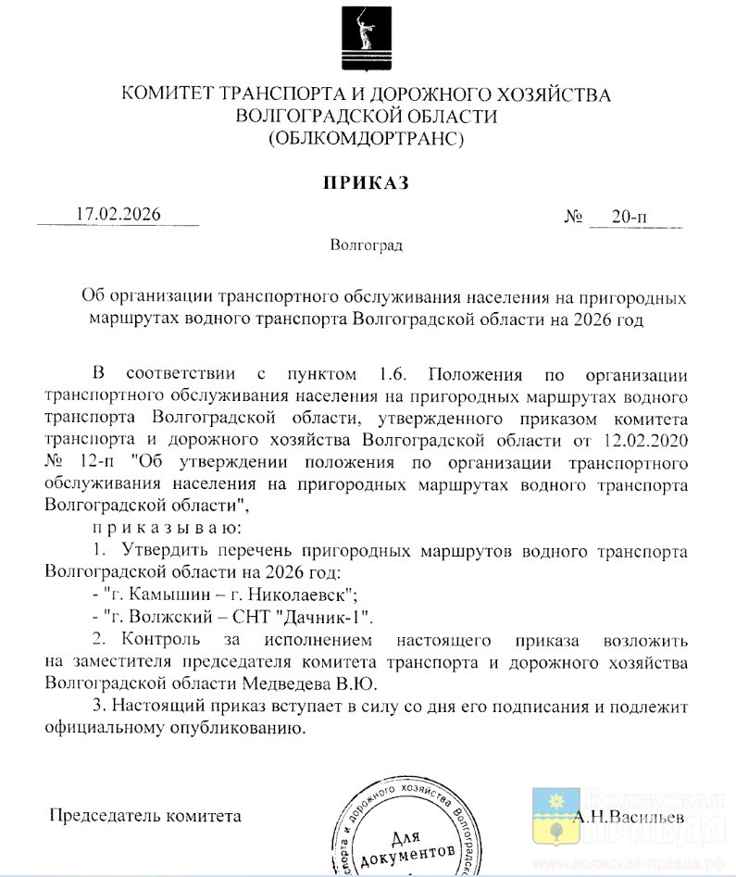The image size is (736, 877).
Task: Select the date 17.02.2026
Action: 119,215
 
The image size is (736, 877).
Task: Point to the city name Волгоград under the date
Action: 367,246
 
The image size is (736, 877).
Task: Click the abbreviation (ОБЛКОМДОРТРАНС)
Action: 367,139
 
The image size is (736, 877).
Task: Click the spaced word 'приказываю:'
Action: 154,528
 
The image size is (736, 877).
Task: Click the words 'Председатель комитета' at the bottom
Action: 144,817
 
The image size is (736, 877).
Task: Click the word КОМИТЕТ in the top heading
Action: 168,94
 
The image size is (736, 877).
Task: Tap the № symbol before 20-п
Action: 573,218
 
